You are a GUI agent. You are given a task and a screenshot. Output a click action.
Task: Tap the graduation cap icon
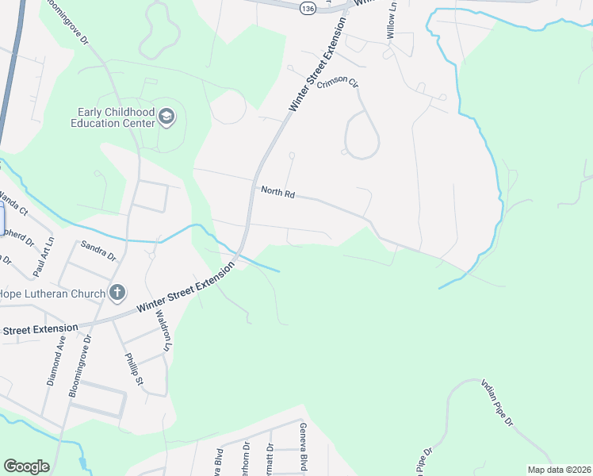(166, 117)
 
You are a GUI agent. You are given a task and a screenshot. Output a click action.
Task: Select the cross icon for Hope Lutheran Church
(117, 294)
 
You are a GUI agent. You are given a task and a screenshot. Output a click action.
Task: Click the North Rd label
(277, 191)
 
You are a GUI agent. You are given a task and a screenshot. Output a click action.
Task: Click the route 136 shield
(308, 7)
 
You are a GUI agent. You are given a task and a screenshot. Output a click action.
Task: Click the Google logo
(26, 466)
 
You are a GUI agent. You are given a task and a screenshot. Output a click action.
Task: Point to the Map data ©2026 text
(558, 470)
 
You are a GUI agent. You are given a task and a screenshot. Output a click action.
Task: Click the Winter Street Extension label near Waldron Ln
(186, 288)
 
